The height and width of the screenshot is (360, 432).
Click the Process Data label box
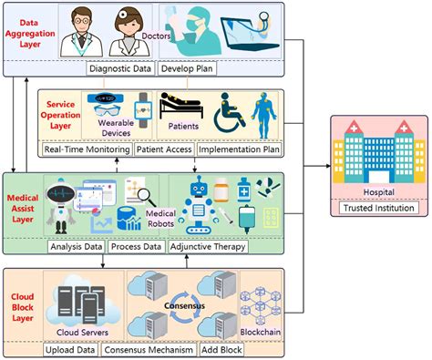tap(137, 246)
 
